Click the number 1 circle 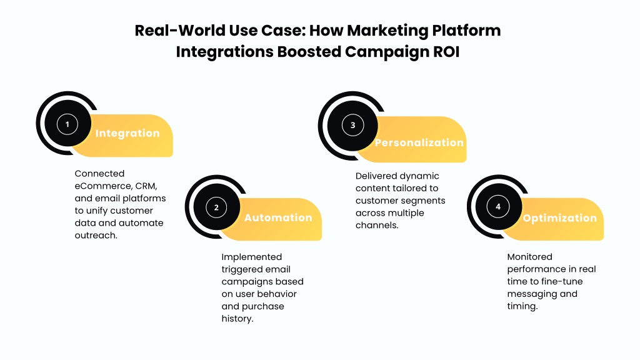(x=67, y=124)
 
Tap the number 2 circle (x=216, y=207)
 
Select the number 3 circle (x=352, y=125)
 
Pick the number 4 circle (x=498, y=206)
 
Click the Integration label (x=127, y=134)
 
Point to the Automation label (x=278, y=217)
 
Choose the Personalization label (x=419, y=142)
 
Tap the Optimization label (x=559, y=218)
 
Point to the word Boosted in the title (x=309, y=52)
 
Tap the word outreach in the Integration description (x=96, y=236)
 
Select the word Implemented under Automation (x=252, y=257)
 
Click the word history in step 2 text (x=237, y=319)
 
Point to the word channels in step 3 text (x=377, y=225)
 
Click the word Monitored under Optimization (x=530, y=257)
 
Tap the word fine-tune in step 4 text (x=558, y=282)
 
